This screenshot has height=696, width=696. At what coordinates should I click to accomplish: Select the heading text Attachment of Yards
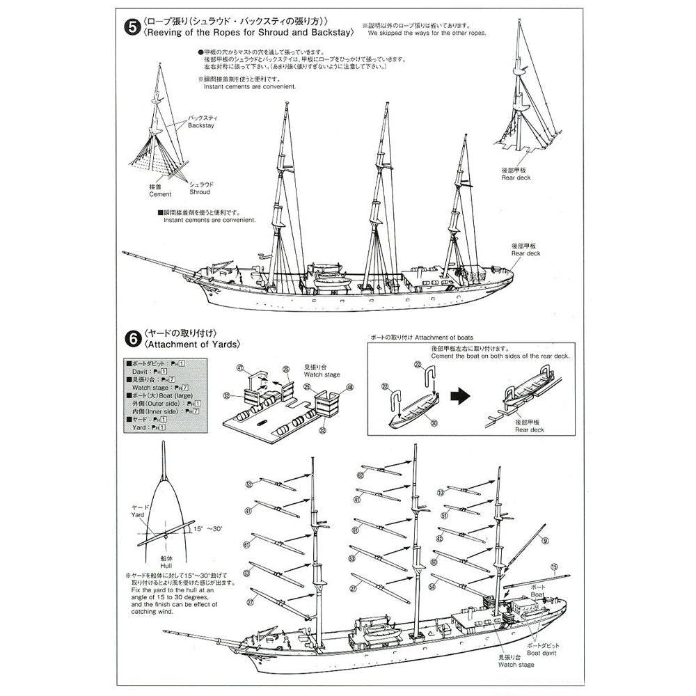tap(191, 345)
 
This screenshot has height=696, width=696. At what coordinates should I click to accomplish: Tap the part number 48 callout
tap(330, 387)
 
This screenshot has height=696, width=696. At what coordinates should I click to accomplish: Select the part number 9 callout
tap(545, 541)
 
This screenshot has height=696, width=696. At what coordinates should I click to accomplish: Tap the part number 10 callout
tap(440, 492)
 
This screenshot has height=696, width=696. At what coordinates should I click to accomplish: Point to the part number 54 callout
tap(432, 587)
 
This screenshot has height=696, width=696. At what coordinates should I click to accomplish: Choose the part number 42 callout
tap(439, 539)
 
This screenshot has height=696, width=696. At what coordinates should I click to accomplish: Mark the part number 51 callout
tap(443, 516)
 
